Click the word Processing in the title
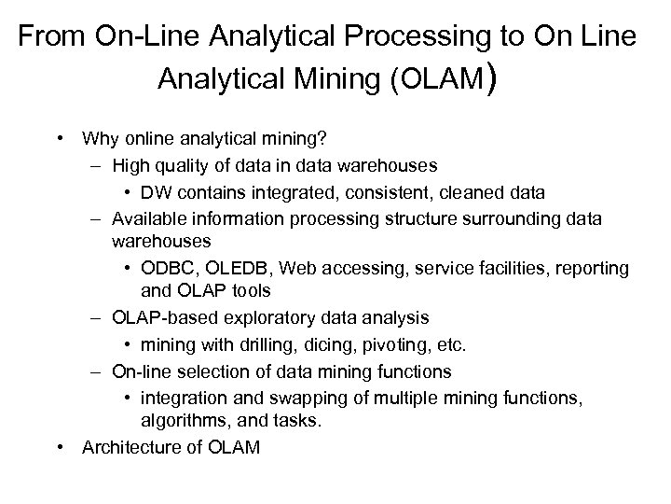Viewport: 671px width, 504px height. click(x=405, y=37)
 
